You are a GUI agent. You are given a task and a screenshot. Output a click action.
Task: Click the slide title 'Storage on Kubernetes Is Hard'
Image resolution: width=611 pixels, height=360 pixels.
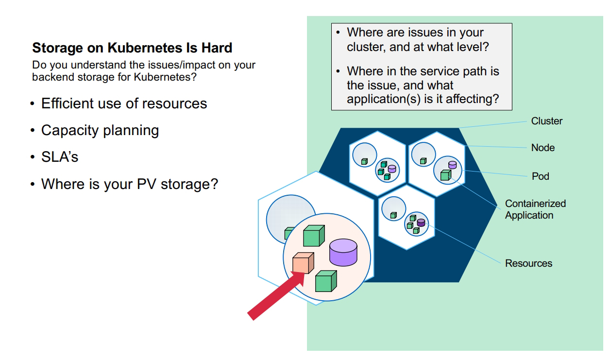click(x=132, y=48)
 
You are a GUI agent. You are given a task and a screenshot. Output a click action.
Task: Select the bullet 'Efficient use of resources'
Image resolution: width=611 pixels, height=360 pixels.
click(x=124, y=103)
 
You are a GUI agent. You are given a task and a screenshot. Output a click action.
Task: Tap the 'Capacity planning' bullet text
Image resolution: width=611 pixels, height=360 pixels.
click(x=100, y=131)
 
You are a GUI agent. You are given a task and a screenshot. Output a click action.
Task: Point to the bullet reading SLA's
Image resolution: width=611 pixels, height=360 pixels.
click(x=60, y=157)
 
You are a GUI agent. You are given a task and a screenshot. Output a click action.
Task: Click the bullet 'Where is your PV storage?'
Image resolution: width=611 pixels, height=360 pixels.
click(x=130, y=184)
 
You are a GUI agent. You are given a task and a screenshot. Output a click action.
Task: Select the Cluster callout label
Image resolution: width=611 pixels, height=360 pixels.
click(x=546, y=121)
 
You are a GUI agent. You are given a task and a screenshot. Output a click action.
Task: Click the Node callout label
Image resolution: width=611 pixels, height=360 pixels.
click(x=543, y=148)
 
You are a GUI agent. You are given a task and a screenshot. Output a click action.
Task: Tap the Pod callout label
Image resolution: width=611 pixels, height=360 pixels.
click(x=541, y=176)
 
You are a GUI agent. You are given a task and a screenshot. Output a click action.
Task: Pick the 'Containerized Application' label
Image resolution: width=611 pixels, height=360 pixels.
click(x=535, y=209)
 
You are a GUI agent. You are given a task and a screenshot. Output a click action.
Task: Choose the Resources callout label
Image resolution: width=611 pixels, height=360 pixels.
click(x=528, y=263)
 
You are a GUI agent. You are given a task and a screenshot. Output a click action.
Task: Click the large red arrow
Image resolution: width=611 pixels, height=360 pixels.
click(x=275, y=295)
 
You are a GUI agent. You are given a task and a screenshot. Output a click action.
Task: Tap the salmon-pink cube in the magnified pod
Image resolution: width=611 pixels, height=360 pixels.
click(x=303, y=262)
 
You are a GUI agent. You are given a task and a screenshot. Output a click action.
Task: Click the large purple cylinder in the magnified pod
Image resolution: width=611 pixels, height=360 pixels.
click(x=343, y=252)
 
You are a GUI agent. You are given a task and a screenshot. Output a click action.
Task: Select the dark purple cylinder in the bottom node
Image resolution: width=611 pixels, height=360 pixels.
click(x=421, y=223)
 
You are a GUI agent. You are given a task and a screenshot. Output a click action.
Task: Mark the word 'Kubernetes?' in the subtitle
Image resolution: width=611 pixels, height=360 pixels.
click(x=165, y=77)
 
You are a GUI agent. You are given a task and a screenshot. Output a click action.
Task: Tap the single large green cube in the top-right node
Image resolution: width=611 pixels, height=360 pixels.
click(x=446, y=175)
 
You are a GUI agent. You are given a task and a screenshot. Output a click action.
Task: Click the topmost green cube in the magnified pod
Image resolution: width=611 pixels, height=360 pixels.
click(x=314, y=236)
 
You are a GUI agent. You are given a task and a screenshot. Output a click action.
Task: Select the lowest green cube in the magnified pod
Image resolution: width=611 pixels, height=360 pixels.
click(x=326, y=281)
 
